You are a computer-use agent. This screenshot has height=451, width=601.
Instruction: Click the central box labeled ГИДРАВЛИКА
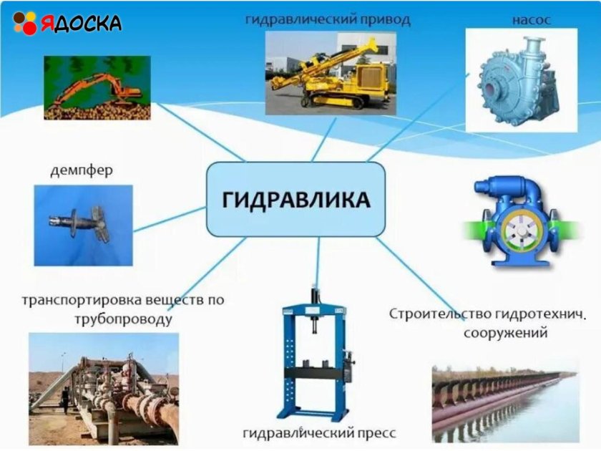(295, 199)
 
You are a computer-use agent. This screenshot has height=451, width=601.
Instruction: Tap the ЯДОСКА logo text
(80, 23)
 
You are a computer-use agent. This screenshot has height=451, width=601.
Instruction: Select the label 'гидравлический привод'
(328, 19)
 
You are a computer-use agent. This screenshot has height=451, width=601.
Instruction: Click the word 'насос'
(531, 19)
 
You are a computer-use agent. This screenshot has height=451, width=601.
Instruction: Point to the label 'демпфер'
(82, 171)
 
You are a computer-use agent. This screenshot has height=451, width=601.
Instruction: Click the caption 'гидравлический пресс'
(319, 433)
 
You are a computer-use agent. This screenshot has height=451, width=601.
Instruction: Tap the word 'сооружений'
(505, 333)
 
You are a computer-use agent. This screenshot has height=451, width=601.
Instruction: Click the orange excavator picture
(97, 87)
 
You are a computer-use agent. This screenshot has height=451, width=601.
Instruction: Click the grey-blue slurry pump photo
(521, 80)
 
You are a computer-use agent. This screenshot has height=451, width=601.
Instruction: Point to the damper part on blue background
(82, 224)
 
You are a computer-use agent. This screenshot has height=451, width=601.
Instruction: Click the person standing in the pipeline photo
(66, 400)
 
